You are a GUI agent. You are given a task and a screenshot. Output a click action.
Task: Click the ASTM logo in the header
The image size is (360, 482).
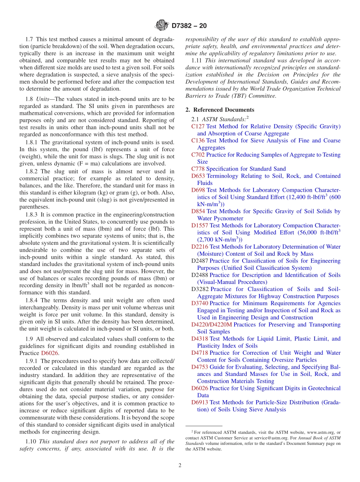[161, 26]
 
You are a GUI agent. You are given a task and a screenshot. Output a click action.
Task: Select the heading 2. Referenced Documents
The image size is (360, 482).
[220, 110]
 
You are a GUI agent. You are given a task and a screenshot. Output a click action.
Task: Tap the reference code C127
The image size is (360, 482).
[198, 127]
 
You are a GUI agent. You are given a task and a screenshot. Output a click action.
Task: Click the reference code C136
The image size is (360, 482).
[198, 141]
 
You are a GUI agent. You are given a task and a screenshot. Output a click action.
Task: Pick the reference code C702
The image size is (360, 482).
[198, 155]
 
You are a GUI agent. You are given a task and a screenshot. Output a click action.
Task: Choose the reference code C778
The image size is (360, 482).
[198, 169]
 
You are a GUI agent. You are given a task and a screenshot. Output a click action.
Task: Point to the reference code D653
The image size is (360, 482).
[198, 176]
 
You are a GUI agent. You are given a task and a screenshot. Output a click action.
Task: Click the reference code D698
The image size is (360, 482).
[198, 190]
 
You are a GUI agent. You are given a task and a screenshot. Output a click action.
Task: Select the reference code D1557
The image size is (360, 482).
[200, 225]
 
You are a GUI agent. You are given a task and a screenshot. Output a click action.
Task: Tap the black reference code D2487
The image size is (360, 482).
[200, 261]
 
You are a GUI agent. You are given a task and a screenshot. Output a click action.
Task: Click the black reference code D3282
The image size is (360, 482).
[200, 289]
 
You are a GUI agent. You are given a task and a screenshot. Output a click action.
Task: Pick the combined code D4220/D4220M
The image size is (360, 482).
[211, 325]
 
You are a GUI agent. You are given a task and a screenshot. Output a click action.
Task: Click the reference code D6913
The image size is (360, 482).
[200, 402]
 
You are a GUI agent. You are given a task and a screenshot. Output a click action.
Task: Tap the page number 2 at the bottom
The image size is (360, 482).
[180, 465]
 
